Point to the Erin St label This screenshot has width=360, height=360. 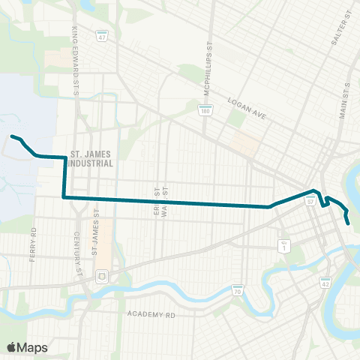[155, 202]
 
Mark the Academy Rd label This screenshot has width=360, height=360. [151, 315]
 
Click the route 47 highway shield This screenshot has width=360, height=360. [100, 34]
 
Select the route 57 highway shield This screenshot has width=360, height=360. [310, 201]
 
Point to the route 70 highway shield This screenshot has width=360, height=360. [237, 289]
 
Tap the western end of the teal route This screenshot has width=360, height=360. [10, 136]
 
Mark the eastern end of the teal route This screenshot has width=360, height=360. [349, 223]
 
